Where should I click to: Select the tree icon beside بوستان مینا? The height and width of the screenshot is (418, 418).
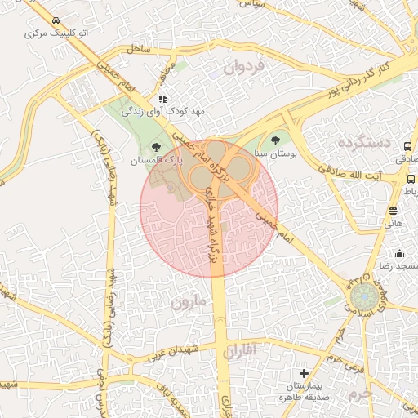pos(273,140)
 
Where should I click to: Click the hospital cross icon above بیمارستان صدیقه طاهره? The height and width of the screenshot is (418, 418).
pos(305,372)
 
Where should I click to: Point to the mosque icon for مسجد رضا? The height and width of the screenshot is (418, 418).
pos(399,253)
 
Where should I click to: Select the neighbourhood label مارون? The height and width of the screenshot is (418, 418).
pos(190,302)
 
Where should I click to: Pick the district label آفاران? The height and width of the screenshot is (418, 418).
pos(238,351)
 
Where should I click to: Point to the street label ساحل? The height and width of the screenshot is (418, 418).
pos(140,50)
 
